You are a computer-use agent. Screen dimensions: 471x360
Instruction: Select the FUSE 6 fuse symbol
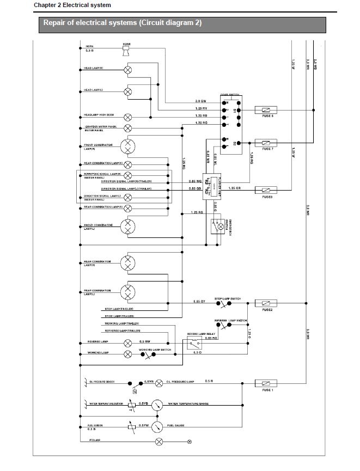[267, 109]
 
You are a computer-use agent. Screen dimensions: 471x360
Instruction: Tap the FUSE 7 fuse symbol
[267, 143]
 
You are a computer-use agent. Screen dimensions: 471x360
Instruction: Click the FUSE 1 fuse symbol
[267, 383]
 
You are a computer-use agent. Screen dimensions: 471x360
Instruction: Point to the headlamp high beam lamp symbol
[128, 117]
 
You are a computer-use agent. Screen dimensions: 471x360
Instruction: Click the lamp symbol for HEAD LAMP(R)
[128, 70]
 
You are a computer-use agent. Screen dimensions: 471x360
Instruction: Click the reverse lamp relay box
[194, 343]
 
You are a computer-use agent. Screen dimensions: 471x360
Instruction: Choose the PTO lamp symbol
[159, 441]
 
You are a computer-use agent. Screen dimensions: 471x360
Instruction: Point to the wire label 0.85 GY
[199, 301]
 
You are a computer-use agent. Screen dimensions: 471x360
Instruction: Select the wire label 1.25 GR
[235, 188]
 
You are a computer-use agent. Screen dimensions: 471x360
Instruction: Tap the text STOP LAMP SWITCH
[228, 299]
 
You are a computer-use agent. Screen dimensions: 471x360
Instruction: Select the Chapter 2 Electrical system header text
[72, 5]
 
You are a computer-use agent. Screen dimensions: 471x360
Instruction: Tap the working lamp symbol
[128, 353]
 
